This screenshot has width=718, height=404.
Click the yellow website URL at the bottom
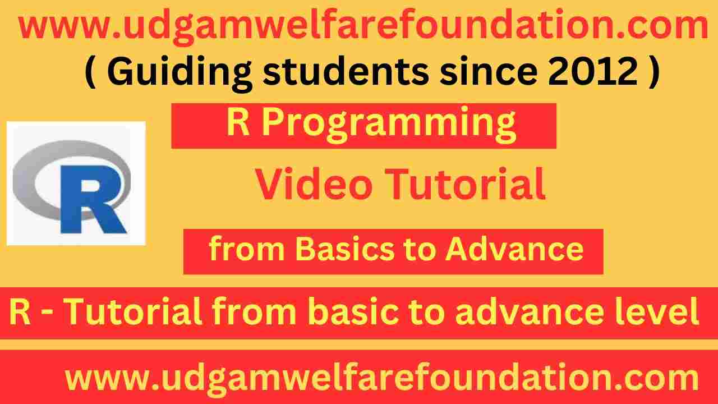pos(382,378)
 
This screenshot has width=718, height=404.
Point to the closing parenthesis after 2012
pos(651,73)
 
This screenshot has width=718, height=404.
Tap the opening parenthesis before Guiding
pos(89,73)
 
